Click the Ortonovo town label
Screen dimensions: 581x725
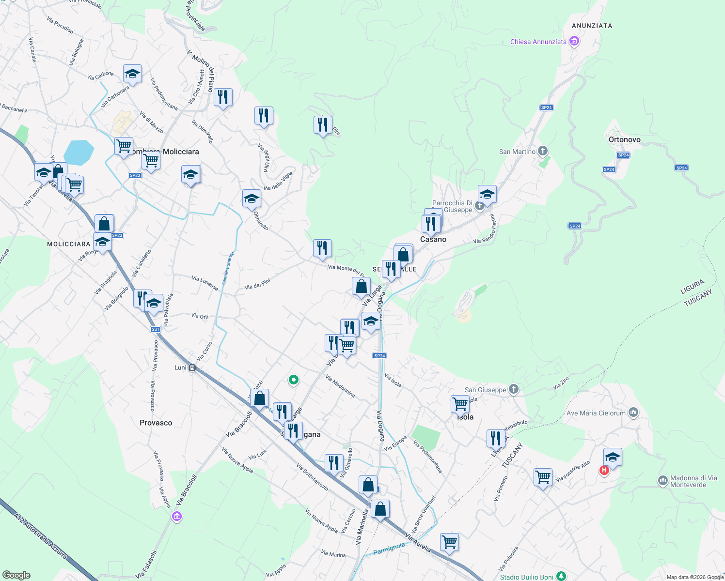pos(624,139)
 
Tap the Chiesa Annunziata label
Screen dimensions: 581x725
pos(538,42)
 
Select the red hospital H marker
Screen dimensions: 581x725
pos(604,470)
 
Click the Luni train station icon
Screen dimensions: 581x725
pos(192,367)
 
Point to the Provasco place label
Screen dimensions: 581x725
pos(156,423)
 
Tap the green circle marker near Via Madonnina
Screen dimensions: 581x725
pos(293,380)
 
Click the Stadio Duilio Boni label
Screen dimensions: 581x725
pos(526,577)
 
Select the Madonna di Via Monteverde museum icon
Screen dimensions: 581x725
pos(662,480)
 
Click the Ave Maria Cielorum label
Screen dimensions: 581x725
pos(596,413)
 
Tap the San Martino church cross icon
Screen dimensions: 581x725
pos(543,151)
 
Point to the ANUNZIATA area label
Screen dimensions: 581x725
pos(592,26)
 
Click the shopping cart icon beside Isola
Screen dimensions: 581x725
pos(459,403)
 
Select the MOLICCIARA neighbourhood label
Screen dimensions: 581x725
pos(69,244)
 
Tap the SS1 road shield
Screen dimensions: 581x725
pos(155,329)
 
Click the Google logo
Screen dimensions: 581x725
pos(16,575)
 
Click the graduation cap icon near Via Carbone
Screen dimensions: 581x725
pos(132,74)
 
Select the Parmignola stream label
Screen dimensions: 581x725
pos(389,548)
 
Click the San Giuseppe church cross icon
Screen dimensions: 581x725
pos(514,389)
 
